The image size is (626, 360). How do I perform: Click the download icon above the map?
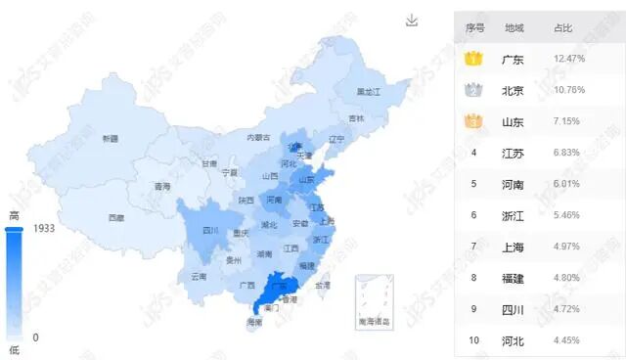(412, 21)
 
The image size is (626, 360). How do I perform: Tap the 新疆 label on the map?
(110, 139)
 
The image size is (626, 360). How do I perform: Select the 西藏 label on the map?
(116, 217)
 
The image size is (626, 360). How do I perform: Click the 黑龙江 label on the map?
(368, 91)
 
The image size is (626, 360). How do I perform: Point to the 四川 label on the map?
(210, 231)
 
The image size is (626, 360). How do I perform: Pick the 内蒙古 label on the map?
(258, 138)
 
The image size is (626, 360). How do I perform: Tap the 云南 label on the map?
(199, 277)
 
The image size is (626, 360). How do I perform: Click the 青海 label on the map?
(161, 186)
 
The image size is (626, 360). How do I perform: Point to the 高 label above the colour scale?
(14, 215)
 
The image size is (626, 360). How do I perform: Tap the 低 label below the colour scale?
(14, 348)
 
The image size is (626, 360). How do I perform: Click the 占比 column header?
(564, 28)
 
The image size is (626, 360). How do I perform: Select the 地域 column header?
(514, 28)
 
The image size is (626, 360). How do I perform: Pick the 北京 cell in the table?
(512, 91)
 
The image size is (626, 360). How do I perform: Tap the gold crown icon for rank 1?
(474, 60)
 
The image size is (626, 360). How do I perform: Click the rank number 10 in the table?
(474, 339)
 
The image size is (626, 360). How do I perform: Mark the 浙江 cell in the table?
(512, 214)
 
